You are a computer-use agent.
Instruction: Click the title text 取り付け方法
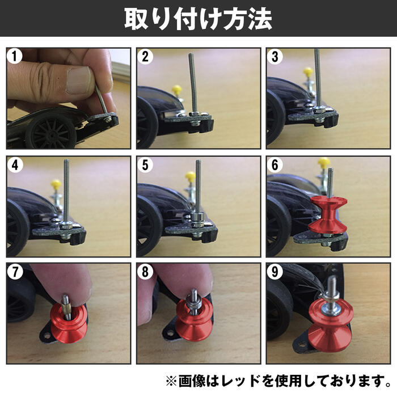click(x=198, y=18)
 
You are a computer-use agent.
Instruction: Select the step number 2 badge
click(x=146, y=57)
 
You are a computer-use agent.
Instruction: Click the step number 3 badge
click(x=276, y=57)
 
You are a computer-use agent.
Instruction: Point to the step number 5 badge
click(x=146, y=165)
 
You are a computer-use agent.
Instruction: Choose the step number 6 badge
click(x=276, y=165)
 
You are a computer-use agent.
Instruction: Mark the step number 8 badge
click(x=146, y=272)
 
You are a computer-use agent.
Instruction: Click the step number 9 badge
click(x=276, y=272)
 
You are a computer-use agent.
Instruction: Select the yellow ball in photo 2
click(x=177, y=89)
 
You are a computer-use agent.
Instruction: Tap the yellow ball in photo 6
click(x=324, y=163)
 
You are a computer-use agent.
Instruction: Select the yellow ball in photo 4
click(x=56, y=184)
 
